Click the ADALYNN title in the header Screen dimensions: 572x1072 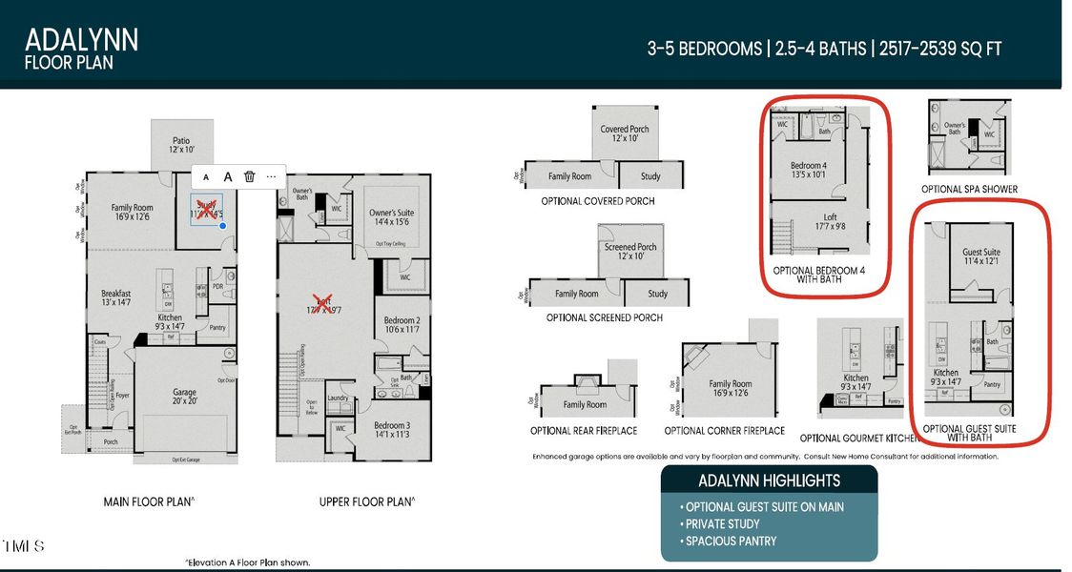coord(81,39)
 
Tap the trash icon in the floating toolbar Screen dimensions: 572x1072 coord(249,175)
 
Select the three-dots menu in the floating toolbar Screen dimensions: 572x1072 coord(271,175)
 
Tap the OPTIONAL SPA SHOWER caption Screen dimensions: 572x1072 coord(969,189)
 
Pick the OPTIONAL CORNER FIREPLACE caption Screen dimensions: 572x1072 coord(724,431)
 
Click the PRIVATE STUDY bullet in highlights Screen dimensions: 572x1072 coord(720,524)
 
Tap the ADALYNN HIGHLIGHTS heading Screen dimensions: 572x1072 coord(769,480)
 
